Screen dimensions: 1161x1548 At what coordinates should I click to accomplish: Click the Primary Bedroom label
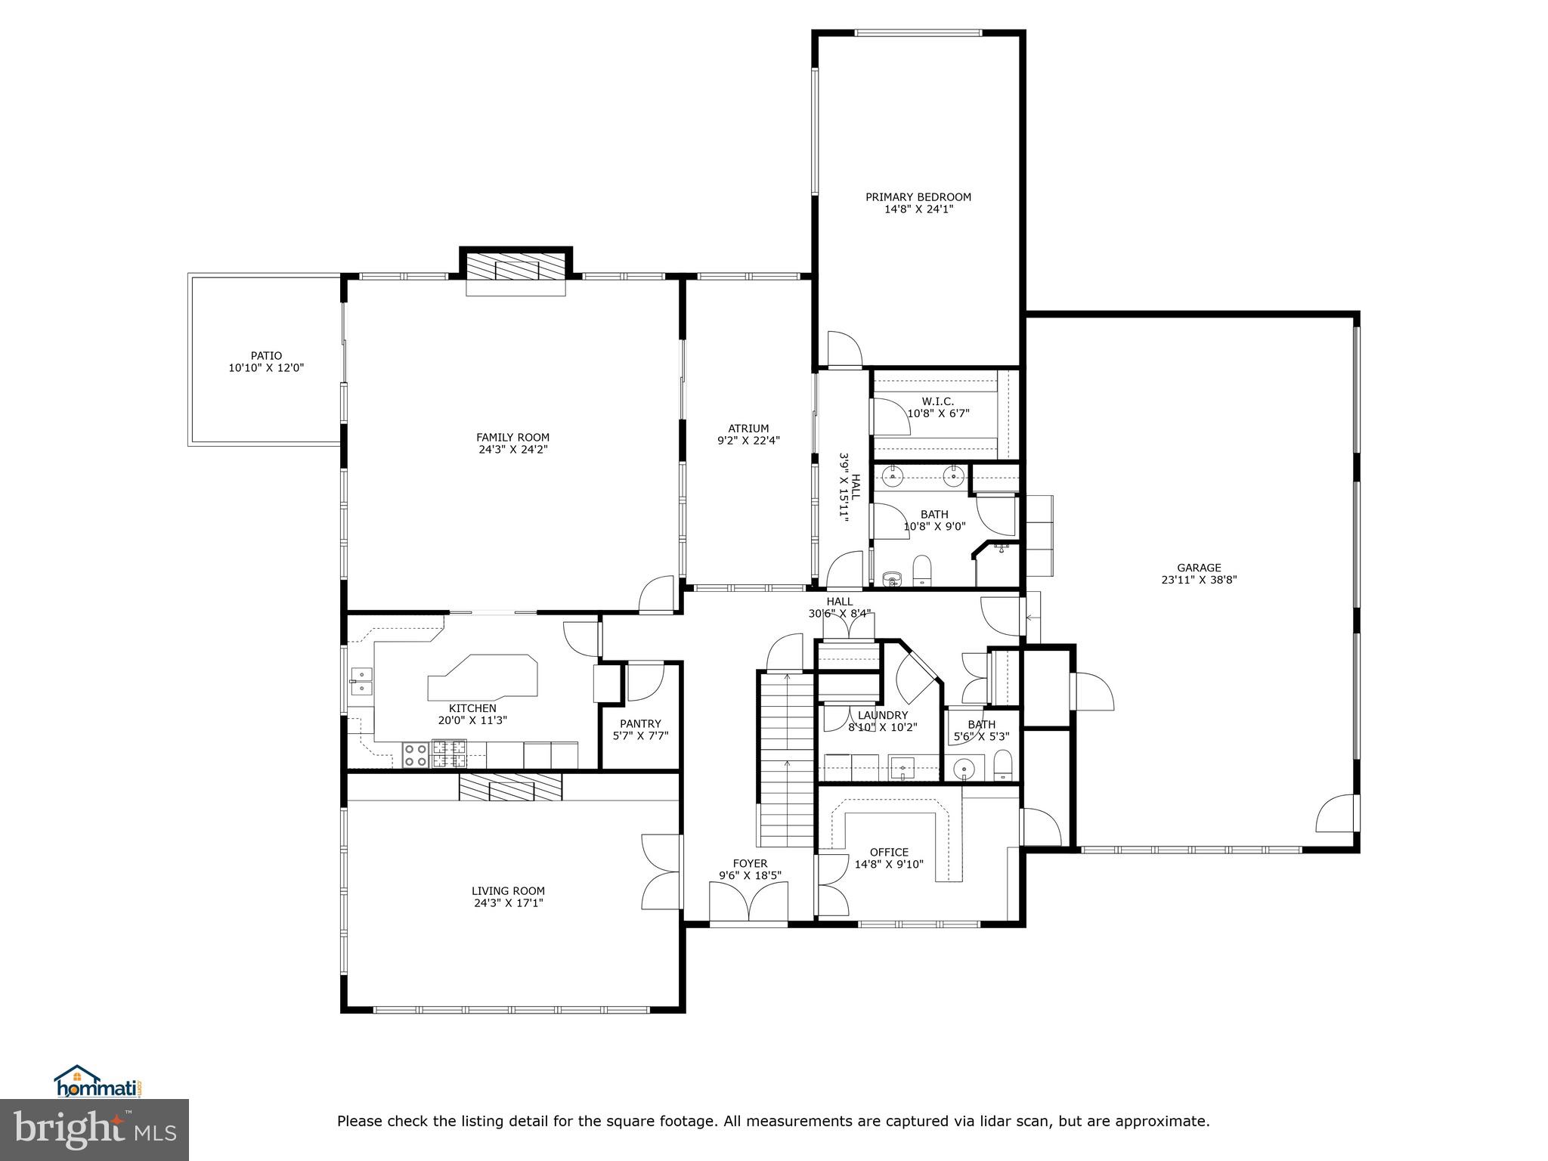click(918, 197)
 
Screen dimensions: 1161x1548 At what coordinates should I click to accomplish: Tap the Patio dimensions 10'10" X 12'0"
click(266, 368)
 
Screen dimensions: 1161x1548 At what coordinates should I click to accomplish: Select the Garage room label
click(1199, 568)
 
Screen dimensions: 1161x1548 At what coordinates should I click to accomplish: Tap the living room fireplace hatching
click(511, 787)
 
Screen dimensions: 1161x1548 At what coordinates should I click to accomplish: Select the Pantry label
click(640, 723)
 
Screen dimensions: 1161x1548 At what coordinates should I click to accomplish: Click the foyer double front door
click(749, 902)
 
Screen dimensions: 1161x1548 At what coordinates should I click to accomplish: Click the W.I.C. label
click(937, 401)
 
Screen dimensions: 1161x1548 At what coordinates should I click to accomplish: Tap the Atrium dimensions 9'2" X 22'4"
click(748, 440)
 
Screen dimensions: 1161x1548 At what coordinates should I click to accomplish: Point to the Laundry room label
click(883, 715)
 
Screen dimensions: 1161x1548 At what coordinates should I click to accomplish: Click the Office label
click(889, 852)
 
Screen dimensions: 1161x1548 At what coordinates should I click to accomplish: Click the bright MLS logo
click(94, 1130)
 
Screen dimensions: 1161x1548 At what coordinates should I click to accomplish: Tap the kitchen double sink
click(361, 681)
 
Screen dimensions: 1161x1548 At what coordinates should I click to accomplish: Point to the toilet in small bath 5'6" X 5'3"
click(1002, 765)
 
